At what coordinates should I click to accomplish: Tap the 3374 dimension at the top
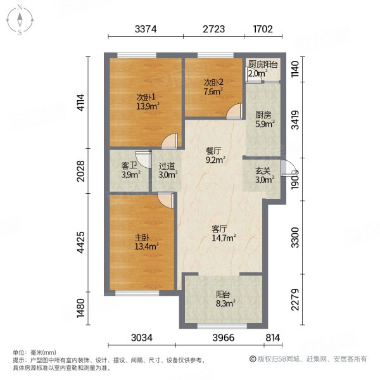146,28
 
